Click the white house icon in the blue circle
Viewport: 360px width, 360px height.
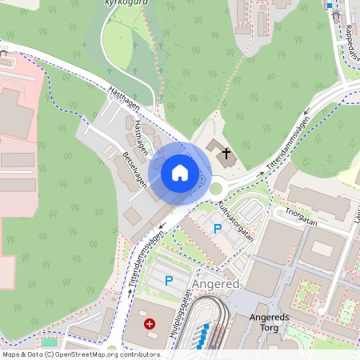180,173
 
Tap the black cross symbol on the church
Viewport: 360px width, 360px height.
226,152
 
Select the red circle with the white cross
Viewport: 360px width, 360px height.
150,324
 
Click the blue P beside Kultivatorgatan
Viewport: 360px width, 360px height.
216,229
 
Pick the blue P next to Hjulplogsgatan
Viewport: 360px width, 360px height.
169,280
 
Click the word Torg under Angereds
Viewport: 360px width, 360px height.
263,328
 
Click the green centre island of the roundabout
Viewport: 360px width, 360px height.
215,189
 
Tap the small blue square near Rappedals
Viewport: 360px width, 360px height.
330,6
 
